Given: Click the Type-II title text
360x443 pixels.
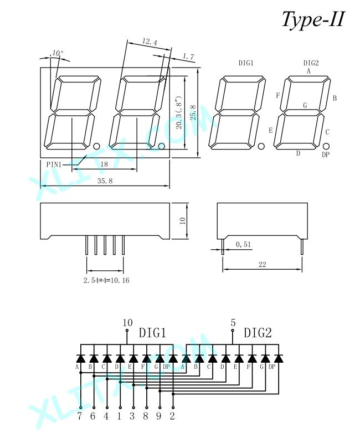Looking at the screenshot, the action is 313,20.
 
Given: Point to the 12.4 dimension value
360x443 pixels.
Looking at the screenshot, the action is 150,42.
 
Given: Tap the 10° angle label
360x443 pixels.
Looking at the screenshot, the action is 58,53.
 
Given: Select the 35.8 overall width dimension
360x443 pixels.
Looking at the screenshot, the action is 105,181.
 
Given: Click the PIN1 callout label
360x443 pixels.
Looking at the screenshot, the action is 54,164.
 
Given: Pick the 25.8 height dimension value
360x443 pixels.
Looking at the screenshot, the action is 193,112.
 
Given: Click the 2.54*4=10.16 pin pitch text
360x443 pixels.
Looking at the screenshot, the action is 106,280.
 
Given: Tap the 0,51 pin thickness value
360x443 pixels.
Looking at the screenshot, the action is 243,244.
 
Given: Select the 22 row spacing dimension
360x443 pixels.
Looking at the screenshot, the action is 262,265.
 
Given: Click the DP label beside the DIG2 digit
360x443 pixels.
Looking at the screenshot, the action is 326,154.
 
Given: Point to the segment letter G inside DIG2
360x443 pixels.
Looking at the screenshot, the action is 305,105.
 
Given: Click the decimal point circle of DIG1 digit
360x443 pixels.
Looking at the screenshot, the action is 261,146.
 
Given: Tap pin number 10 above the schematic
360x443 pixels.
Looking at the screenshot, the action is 127,322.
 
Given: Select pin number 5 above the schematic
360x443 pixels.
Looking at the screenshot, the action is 233,322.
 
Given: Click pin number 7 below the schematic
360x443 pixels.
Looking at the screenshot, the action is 80,416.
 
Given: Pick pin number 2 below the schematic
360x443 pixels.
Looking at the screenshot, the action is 172,416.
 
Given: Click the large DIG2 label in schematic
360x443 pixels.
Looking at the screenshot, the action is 258,333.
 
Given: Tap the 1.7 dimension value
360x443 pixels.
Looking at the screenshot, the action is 188,56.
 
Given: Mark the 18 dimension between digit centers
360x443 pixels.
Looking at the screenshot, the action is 104,164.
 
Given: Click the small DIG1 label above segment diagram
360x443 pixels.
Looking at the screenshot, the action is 246,63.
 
